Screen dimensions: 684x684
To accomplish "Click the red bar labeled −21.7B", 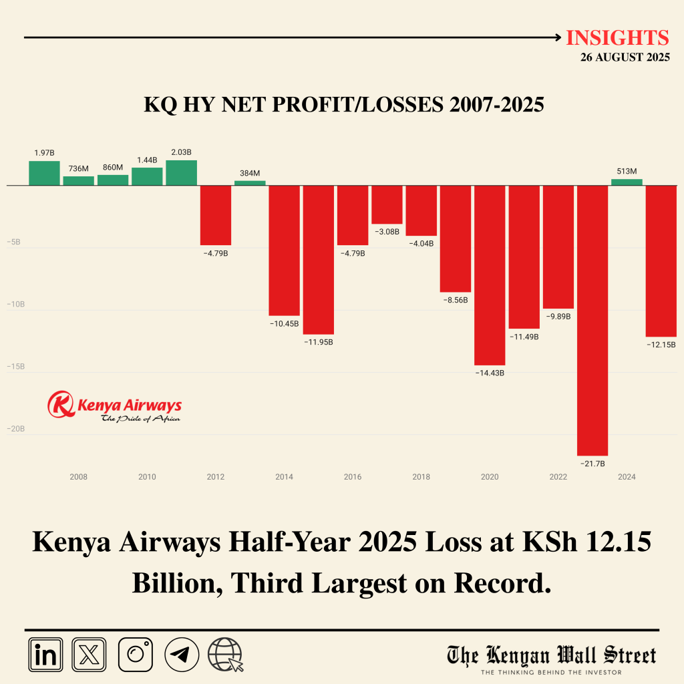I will (x=592, y=321).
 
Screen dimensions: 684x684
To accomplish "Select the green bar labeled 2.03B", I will (x=181, y=173).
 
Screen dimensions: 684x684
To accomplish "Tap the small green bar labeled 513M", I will (x=627, y=182).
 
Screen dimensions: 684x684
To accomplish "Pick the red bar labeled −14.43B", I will (x=490, y=275).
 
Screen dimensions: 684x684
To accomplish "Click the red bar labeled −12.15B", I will (x=661, y=261).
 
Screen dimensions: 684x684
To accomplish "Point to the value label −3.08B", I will (x=387, y=232).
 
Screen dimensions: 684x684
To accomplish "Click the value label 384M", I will (x=250, y=174).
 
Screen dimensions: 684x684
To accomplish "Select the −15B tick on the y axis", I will (x=16, y=367).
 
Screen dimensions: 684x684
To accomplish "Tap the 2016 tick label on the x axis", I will (x=353, y=477).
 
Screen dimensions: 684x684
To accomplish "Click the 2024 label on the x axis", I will (x=627, y=477).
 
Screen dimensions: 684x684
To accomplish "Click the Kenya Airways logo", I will (x=114, y=407).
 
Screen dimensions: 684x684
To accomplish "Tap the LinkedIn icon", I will (x=45, y=654).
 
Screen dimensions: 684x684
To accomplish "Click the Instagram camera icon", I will (x=136, y=654).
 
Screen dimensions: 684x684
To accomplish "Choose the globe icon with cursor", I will (x=225, y=654).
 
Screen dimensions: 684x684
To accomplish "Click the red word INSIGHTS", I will (x=617, y=38).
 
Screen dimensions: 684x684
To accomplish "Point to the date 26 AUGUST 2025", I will (x=625, y=57).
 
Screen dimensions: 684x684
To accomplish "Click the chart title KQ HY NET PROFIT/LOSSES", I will (x=344, y=105).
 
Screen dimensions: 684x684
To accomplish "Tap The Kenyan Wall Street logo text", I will (x=552, y=655).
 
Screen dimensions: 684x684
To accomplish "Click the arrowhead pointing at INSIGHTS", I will (x=558, y=38).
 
